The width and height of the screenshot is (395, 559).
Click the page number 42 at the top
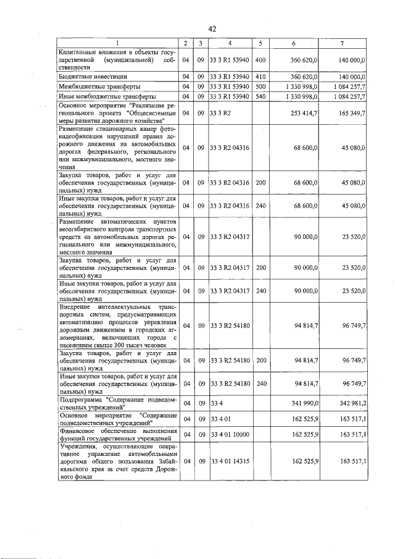(211, 29)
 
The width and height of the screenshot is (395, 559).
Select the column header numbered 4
(229, 43)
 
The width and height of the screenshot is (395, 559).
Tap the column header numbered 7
(342, 43)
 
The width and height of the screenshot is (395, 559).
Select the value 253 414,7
(304, 114)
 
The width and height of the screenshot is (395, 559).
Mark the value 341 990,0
(304, 403)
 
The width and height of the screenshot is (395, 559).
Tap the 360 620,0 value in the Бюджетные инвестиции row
(304, 76)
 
